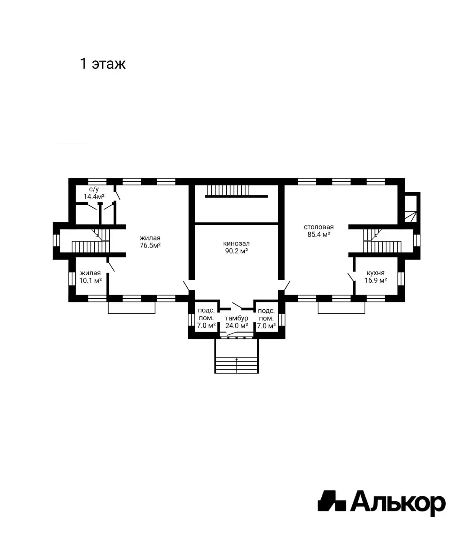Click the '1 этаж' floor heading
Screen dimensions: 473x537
click(x=103, y=64)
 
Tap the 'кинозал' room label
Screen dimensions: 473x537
click(x=236, y=243)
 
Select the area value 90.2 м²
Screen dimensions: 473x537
click(x=236, y=251)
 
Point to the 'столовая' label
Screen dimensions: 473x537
click(x=318, y=227)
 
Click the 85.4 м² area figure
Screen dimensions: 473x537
click(x=319, y=234)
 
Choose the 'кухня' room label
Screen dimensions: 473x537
click(x=376, y=273)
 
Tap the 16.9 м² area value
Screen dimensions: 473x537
click(x=376, y=280)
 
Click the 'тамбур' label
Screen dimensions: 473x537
click(x=236, y=318)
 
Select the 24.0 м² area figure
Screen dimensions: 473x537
click(x=236, y=326)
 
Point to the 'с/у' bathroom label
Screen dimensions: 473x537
click(x=94, y=189)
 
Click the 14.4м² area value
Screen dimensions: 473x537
click(x=94, y=197)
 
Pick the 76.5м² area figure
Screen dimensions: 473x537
click(x=150, y=245)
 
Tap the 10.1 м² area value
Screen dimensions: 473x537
click(x=90, y=280)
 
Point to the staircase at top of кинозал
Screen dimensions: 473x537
click(x=228, y=190)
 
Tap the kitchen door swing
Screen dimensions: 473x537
click(x=351, y=277)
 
